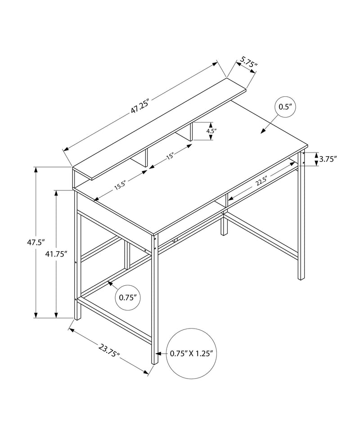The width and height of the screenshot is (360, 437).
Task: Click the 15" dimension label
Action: (170, 157)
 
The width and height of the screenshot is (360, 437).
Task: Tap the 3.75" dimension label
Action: (328, 158)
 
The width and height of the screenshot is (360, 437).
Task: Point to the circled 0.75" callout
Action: (128, 297)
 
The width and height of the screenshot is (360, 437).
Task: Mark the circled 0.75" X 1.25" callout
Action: (191, 353)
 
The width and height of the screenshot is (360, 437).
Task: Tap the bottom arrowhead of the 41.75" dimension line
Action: (56, 315)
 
